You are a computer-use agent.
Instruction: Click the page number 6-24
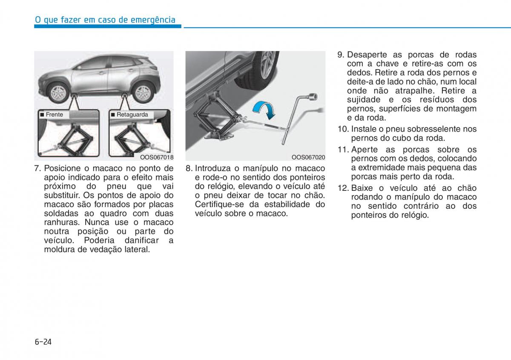coord(43,342)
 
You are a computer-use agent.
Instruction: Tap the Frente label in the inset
coord(54,115)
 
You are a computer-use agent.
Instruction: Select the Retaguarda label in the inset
coord(132,115)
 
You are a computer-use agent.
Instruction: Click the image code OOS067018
coord(157,157)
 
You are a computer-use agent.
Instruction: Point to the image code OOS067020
coord(308,157)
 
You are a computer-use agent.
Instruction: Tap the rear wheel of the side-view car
coord(143,91)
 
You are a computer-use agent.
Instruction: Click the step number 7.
coord(37,168)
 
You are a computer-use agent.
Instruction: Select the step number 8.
coord(189,168)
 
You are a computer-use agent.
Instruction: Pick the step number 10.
coord(343,129)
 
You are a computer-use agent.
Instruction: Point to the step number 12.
coord(343,188)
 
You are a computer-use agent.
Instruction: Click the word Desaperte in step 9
coord(367,55)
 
